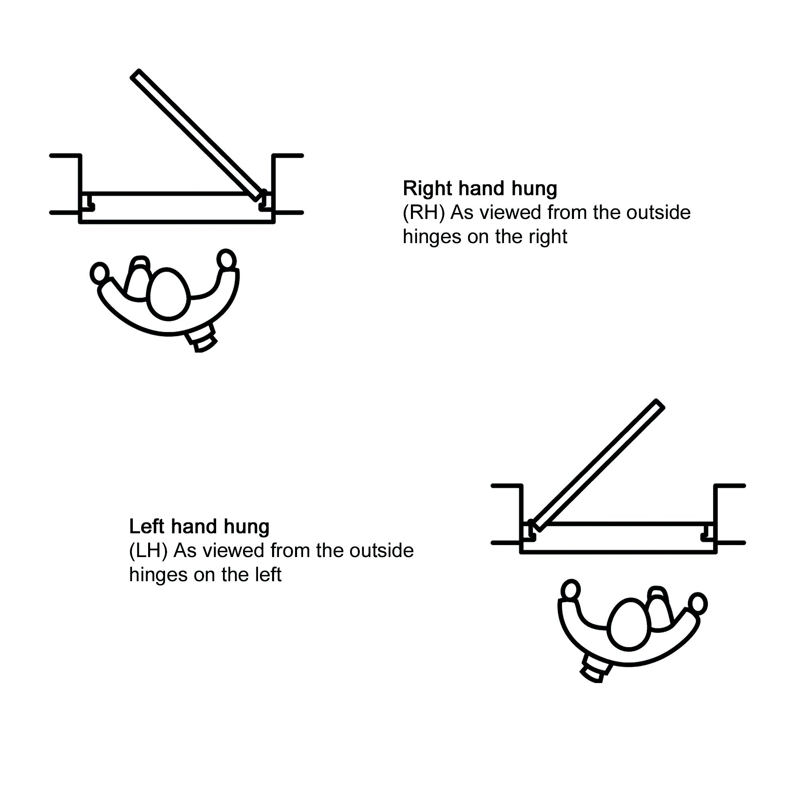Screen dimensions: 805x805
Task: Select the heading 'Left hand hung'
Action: (199, 526)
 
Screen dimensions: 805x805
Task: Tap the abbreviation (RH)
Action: (423, 213)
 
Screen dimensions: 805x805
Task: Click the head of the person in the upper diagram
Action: (168, 293)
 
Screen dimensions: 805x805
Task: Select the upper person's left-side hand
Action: (99, 273)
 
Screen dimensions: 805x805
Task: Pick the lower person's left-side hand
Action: (570, 590)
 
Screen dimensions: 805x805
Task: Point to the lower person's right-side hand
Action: (698, 603)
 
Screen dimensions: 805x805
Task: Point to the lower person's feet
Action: (596, 669)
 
